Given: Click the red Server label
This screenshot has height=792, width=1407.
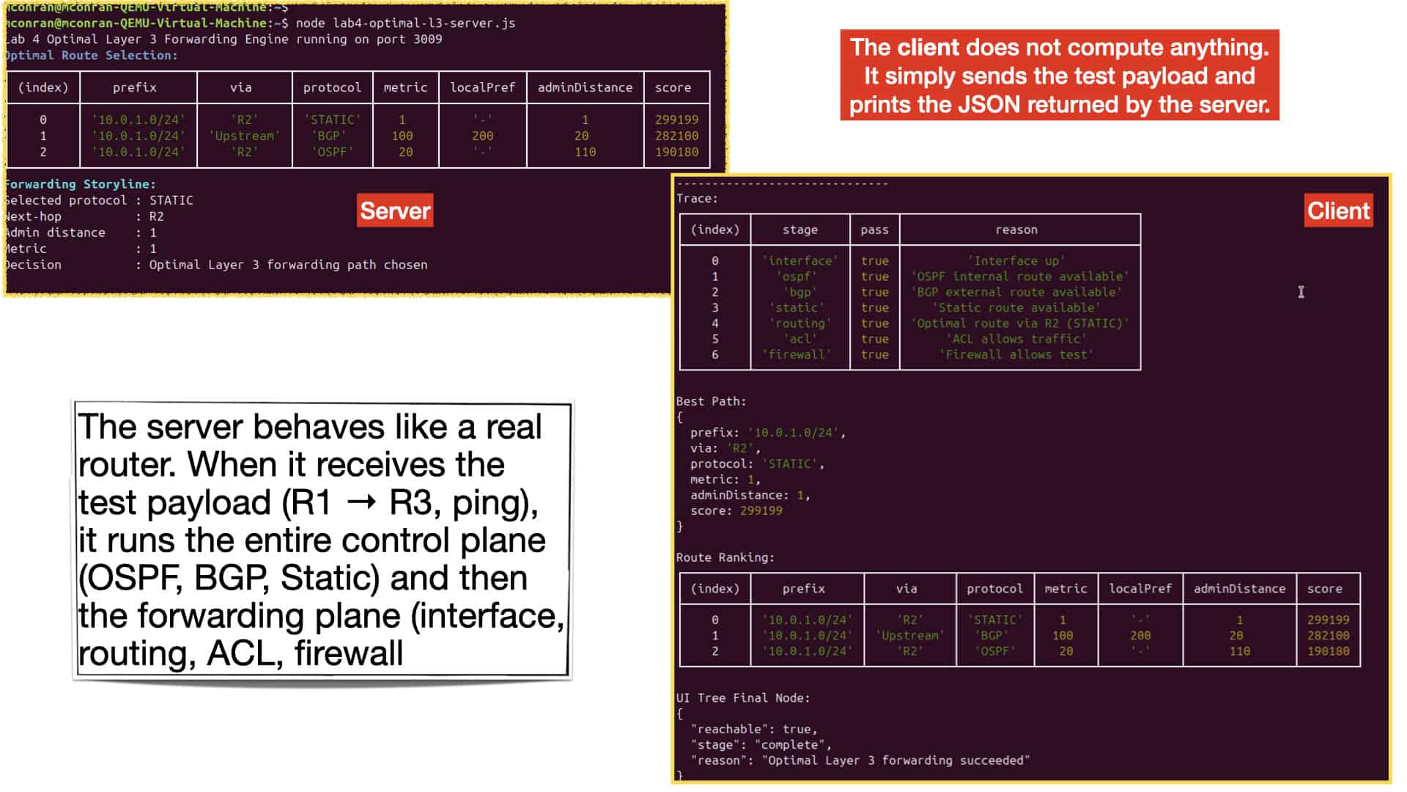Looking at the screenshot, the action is pyautogui.click(x=395, y=210).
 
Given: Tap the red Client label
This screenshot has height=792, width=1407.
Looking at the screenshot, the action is pyautogui.click(x=1338, y=210).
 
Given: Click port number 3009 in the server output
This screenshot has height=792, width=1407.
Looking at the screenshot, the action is pyautogui.click(x=427, y=39).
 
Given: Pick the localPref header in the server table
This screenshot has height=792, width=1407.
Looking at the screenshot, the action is pyautogui.click(x=482, y=87).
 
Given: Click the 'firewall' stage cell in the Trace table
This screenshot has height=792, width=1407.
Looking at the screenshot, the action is pyautogui.click(x=797, y=354).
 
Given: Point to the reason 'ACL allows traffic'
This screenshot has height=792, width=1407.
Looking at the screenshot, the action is pyautogui.click(x=1016, y=339).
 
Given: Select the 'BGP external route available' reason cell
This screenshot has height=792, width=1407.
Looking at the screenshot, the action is pyautogui.click(x=1016, y=292).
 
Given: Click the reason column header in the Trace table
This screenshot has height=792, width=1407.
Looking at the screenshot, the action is pyautogui.click(x=1016, y=230).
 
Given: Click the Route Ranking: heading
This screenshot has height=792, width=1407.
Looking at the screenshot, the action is pyautogui.click(x=725, y=557).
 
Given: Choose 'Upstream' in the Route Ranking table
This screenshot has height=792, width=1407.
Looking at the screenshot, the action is pyautogui.click(x=910, y=635).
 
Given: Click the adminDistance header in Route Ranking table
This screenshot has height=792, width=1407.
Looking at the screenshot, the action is pyautogui.click(x=1239, y=588).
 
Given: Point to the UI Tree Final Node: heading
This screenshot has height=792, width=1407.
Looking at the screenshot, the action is pyautogui.click(x=742, y=697).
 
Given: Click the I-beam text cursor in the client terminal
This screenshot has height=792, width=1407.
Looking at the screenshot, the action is pyautogui.click(x=1301, y=292).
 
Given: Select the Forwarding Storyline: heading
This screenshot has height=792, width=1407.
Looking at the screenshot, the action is pyautogui.click(x=80, y=184).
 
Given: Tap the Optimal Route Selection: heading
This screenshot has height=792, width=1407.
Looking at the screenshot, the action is pyautogui.click(x=91, y=55).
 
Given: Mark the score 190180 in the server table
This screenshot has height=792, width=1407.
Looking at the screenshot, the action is pyautogui.click(x=676, y=152).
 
